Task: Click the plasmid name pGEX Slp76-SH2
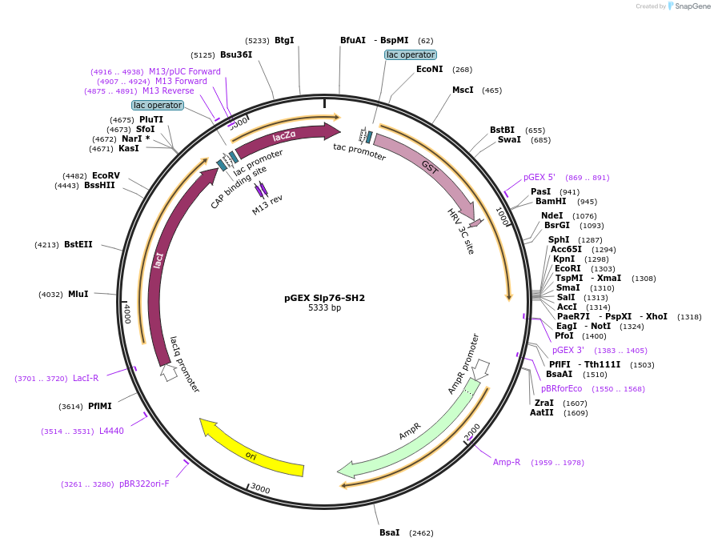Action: pos(324,298)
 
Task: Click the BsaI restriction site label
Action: pos(389,532)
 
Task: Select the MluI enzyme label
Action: pos(78,295)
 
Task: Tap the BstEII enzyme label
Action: pos(78,244)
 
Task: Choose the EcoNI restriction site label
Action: pos(429,70)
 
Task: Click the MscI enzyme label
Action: pos(463,90)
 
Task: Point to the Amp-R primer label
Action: pos(507,463)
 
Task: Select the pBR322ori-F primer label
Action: pos(144,484)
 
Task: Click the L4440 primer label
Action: pos(111,432)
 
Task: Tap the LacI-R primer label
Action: pos(86,378)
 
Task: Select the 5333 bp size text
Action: pos(324,308)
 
